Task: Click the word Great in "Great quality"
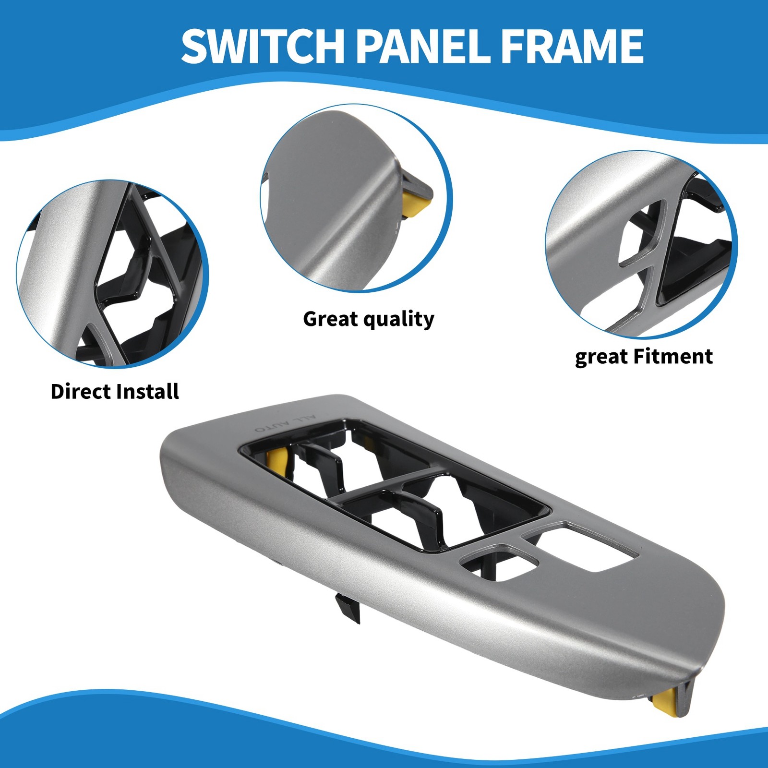330,319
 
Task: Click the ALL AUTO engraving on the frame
286,424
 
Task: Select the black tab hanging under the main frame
348,608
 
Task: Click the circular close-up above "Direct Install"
112,274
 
